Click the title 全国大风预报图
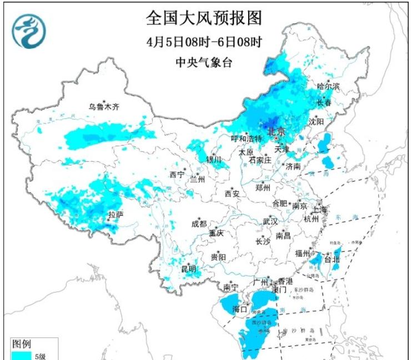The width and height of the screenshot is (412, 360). pos(204,18)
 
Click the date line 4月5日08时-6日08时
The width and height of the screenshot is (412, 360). pos(204,41)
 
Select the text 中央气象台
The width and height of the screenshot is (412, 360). pos(204,62)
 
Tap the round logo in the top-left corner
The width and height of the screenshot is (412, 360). pos(29,31)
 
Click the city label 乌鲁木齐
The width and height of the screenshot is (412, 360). pos(104,106)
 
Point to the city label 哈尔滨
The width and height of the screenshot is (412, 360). pos(328,86)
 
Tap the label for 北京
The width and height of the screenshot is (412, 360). pos(276,132)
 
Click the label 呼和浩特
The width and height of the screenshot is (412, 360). pos(246,138)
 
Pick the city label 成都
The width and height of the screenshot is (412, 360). pos(199,224)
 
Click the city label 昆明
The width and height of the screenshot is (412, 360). pos(189,269)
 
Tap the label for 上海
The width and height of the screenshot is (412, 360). pos(320,209)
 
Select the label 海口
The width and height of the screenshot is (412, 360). pos(240,309)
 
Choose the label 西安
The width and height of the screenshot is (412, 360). pos(232,194)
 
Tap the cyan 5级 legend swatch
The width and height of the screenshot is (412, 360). pos(22,355)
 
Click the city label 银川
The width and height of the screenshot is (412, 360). pos(214,159)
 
